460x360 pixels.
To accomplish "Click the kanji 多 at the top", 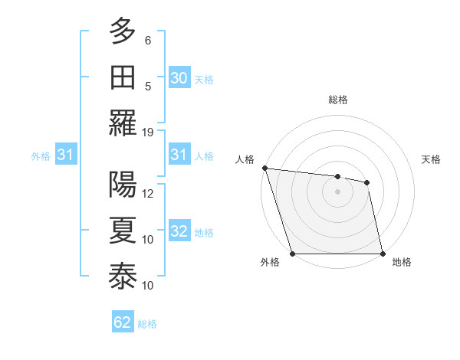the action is (x=123, y=32).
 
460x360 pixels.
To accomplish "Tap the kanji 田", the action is (x=123, y=77).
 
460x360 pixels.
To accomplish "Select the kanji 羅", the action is (x=123, y=122).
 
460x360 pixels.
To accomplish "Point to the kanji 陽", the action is (x=123, y=185).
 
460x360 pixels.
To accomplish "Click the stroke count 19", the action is (x=149, y=132).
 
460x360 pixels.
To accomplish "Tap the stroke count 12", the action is (x=149, y=194).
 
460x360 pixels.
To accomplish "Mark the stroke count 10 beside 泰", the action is (x=149, y=286).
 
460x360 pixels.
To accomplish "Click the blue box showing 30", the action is (x=179, y=77).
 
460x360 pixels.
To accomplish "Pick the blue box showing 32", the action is (x=179, y=231).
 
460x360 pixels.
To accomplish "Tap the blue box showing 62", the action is (x=122, y=322).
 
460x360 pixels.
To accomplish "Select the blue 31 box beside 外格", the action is (x=65, y=155).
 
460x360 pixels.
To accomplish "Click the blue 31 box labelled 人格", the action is (x=179, y=155).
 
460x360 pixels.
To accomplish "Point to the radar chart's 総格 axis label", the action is (x=337, y=100).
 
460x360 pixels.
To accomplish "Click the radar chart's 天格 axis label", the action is (x=431, y=159).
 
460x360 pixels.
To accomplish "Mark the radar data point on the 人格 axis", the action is (x=264, y=168).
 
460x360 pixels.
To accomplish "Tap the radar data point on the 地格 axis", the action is (x=382, y=253).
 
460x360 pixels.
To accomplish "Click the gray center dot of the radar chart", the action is (x=337, y=191).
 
